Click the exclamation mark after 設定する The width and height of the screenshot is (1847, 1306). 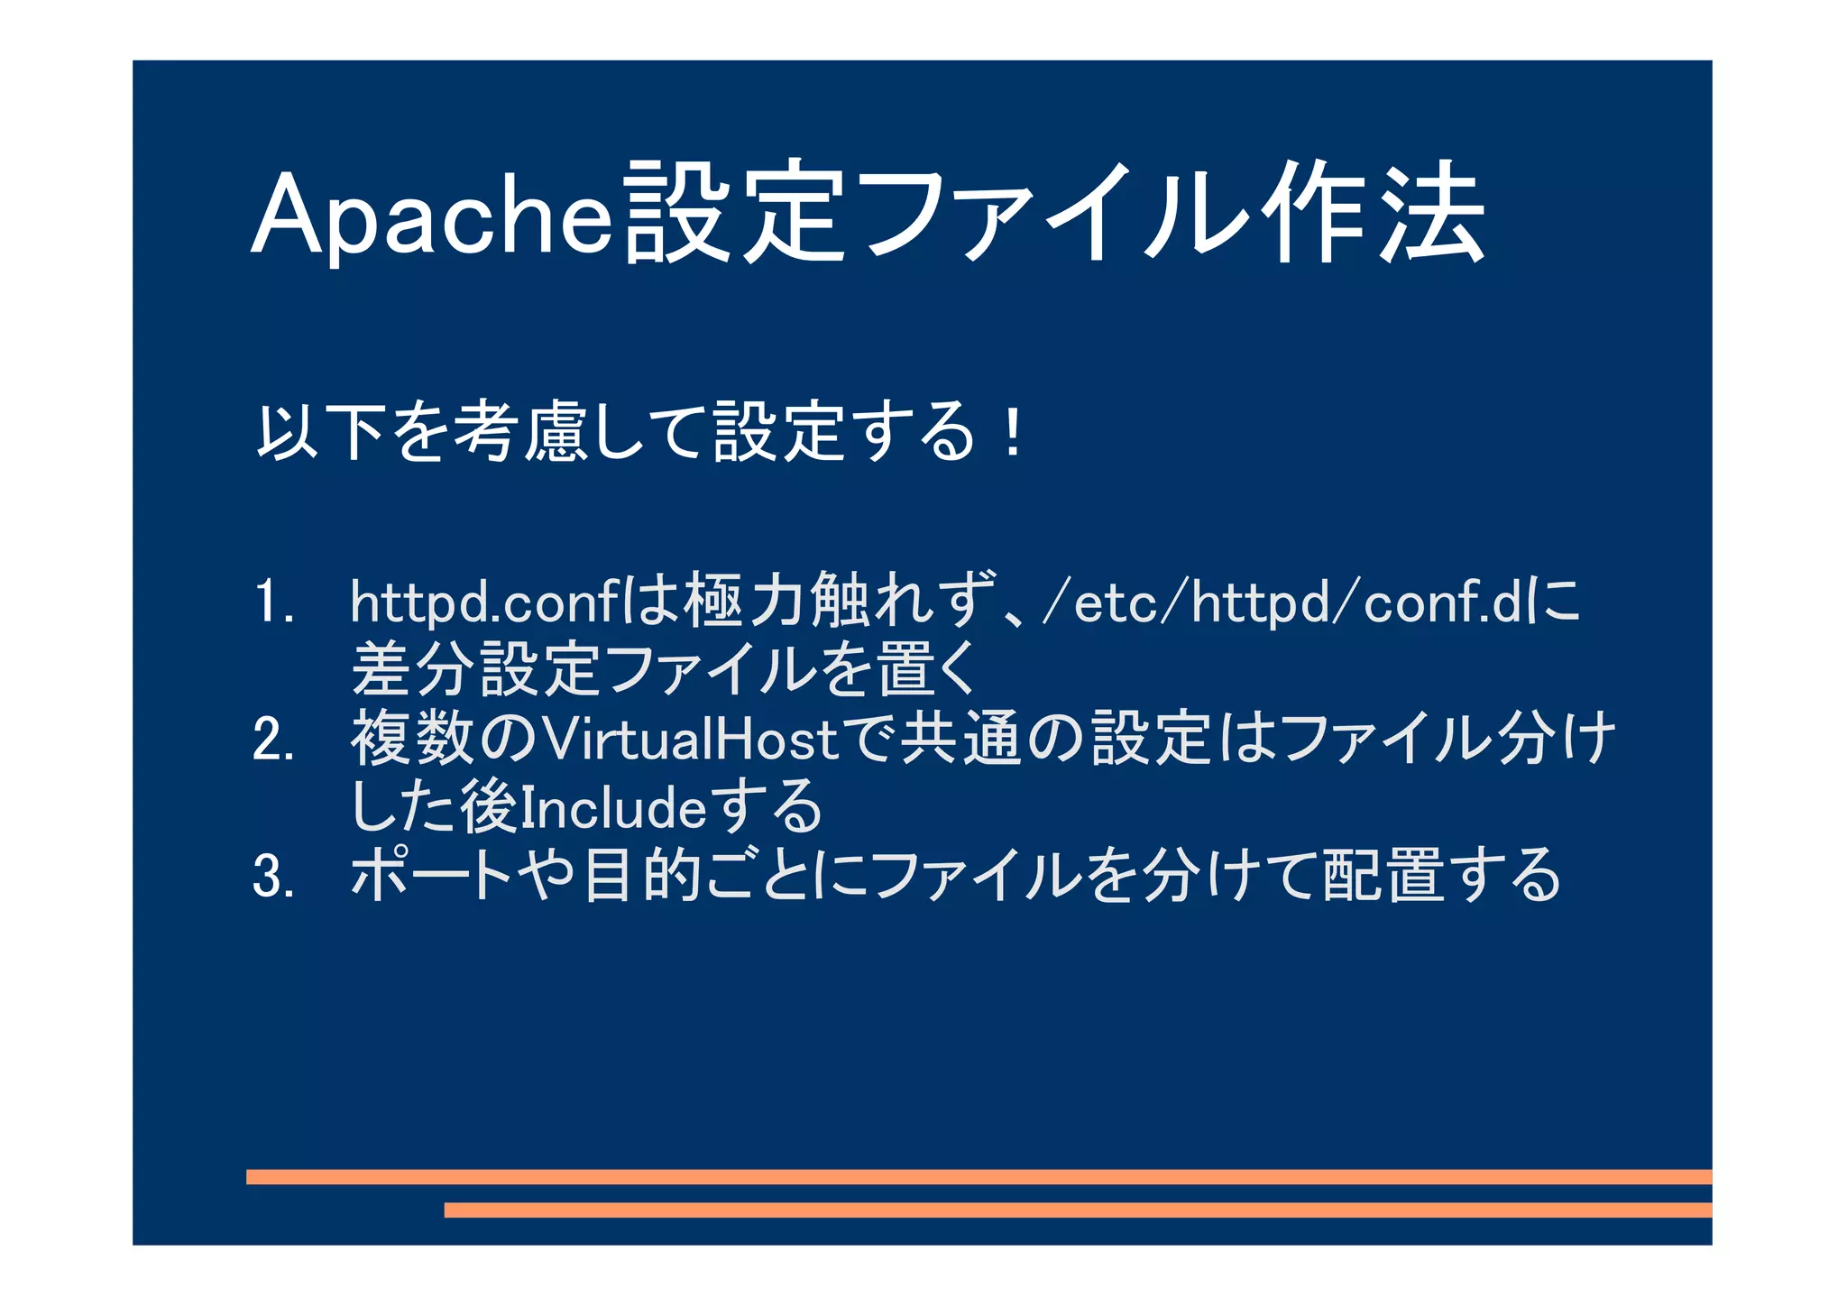click(1014, 433)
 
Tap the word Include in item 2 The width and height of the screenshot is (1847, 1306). click(613, 807)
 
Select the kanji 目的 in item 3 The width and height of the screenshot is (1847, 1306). click(642, 876)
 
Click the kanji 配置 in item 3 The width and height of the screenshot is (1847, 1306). click(1385, 876)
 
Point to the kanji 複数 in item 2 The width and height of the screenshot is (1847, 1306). click(412, 740)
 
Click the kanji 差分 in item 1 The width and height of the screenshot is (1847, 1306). click(412, 670)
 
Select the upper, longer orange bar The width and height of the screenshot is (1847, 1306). click(979, 1176)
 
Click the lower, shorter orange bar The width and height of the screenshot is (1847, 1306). click(1078, 1209)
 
